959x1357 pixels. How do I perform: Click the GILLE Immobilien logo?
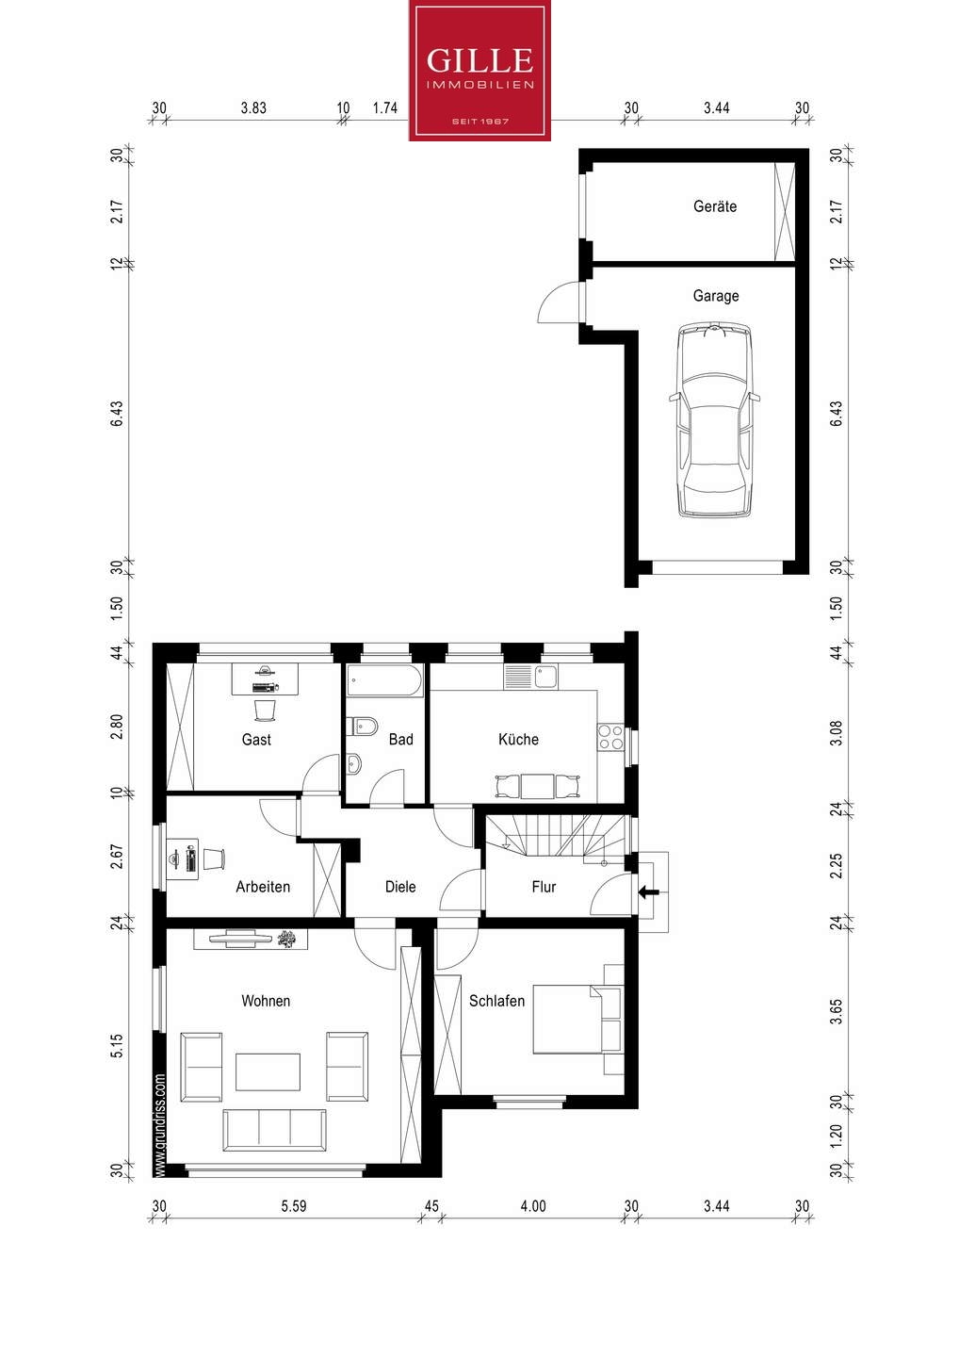tap(479, 71)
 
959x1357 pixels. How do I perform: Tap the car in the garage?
tap(715, 419)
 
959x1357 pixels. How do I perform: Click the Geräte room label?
tap(715, 206)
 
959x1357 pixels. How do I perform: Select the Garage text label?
tap(715, 296)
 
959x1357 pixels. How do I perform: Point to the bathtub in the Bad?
tap(384, 680)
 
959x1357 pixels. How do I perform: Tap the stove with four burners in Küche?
tap(610, 737)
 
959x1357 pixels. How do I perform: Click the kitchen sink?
tap(546, 677)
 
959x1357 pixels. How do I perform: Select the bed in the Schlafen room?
tap(577, 1019)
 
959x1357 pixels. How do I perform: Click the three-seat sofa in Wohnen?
tap(274, 1129)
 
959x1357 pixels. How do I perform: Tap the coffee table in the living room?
tap(268, 1071)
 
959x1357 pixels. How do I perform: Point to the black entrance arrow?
tap(648, 891)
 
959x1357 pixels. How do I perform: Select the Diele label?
tap(400, 887)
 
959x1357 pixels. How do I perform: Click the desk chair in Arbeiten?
tap(214, 858)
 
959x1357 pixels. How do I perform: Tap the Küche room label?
tap(518, 740)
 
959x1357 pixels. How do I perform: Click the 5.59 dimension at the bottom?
tap(293, 1206)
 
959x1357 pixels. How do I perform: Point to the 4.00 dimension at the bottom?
tap(532, 1206)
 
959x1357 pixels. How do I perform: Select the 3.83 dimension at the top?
tap(252, 108)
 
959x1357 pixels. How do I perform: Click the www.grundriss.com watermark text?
tap(160, 1125)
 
